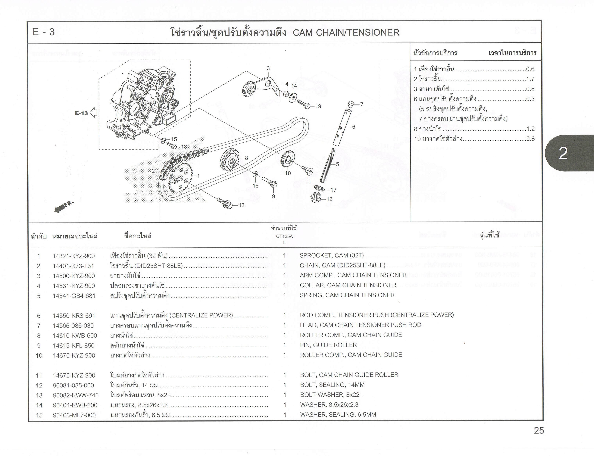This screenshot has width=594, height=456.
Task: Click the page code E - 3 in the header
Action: pyautogui.click(x=43, y=32)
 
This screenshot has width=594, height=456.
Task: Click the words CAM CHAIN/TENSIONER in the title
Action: pyautogui.click(x=346, y=33)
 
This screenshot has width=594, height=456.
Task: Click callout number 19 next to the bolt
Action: pyautogui.click(x=318, y=106)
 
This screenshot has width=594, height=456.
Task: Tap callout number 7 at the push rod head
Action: pyautogui.click(x=361, y=104)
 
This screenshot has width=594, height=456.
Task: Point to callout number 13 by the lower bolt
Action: pyautogui.click(x=241, y=205)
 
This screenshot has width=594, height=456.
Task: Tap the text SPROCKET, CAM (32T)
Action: pyautogui.click(x=331, y=255)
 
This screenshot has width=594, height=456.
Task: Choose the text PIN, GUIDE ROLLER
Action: pyautogui.click(x=328, y=345)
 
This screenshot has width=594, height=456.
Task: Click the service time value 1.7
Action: pyautogui.click(x=530, y=79)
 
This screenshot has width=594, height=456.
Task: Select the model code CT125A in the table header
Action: pyautogui.click(x=284, y=236)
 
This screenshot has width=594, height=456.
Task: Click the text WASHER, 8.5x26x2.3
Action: pyautogui.click(x=329, y=405)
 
